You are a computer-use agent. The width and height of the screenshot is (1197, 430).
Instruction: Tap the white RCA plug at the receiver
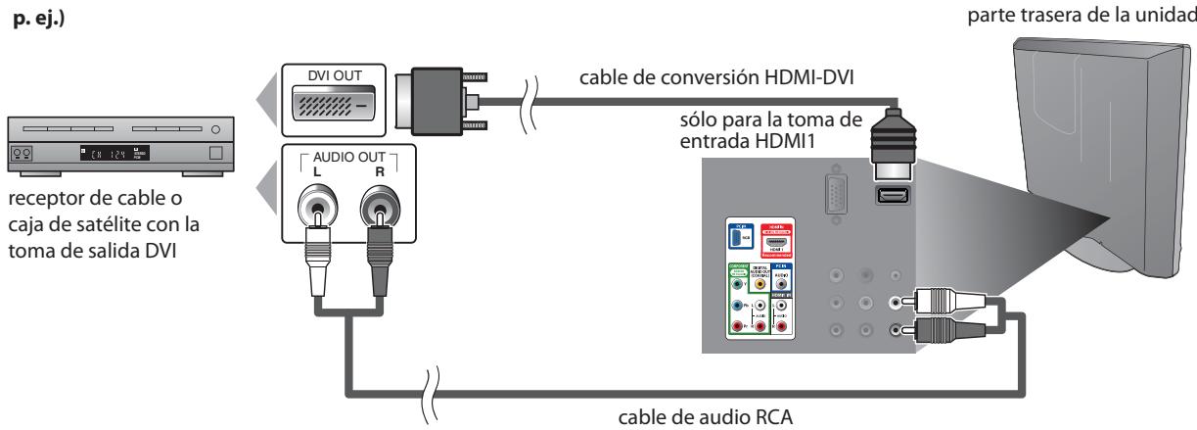[316, 261]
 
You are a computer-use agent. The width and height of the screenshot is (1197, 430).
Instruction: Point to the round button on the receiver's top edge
[214, 128]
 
